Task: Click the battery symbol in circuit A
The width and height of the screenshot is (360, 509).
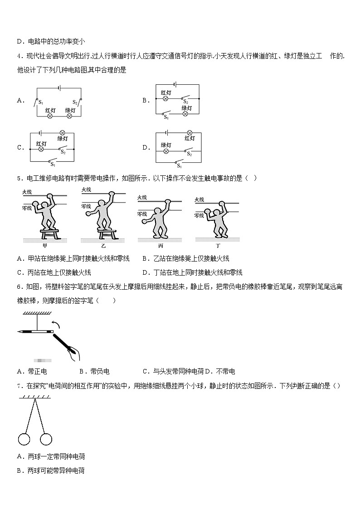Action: (58, 88)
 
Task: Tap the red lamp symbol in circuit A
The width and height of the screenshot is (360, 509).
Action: (50, 116)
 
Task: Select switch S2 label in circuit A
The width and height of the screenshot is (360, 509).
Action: (75, 102)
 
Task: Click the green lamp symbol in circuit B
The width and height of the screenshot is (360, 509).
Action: (185, 114)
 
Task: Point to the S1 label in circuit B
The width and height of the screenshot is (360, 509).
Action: (166, 118)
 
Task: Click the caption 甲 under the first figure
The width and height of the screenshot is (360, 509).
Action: (44, 246)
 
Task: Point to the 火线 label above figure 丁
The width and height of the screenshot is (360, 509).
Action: (199, 199)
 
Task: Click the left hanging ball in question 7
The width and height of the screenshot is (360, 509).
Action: (24, 439)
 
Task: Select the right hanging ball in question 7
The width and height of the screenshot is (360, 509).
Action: (46, 439)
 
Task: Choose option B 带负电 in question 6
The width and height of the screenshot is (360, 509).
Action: (94, 372)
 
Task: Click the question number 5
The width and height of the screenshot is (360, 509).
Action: (19, 178)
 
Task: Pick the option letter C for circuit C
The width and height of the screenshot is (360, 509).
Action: (20, 147)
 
